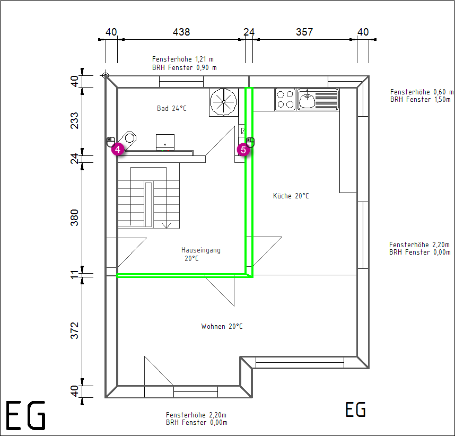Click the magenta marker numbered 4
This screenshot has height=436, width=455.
click(x=118, y=149)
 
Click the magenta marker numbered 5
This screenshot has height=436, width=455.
click(x=243, y=150)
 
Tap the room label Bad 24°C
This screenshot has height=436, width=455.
click(x=171, y=108)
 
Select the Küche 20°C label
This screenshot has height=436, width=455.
click(x=291, y=196)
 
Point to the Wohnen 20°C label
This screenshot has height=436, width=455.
click(x=222, y=326)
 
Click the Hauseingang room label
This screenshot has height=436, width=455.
click(x=201, y=250)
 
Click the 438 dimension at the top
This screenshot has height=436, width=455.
click(x=181, y=32)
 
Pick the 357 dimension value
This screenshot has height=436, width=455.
click(x=304, y=32)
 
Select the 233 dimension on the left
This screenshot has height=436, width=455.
click(x=75, y=120)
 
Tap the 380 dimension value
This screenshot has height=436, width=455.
click(x=75, y=217)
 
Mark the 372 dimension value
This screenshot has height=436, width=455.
click(x=75, y=330)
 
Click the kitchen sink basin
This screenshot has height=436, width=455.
click(x=307, y=99)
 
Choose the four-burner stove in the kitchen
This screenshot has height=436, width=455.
click(x=285, y=99)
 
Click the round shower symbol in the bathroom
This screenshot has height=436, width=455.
click(x=223, y=102)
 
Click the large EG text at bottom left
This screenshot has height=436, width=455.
click(x=26, y=415)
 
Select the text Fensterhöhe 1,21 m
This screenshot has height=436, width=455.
click(x=183, y=59)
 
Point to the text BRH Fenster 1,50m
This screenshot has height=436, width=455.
click(x=420, y=100)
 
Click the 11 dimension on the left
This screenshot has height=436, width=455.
click(x=75, y=274)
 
